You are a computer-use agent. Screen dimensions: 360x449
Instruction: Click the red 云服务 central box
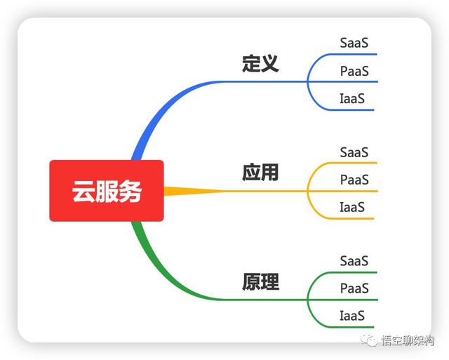pyautogui.click(x=106, y=191)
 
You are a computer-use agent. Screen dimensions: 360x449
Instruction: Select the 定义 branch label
pyautogui.click(x=260, y=63)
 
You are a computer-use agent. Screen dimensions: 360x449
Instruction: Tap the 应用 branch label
pyautogui.click(x=260, y=173)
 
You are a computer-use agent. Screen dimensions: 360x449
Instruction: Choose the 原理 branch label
pyautogui.click(x=260, y=282)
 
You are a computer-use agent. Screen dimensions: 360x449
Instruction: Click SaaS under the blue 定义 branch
pyautogui.click(x=354, y=43)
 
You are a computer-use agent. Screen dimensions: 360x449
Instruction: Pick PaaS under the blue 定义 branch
pyautogui.click(x=354, y=71)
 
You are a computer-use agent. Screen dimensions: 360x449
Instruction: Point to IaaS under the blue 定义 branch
pyautogui.click(x=352, y=99)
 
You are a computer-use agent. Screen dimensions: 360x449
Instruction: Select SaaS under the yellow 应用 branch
pyautogui.click(x=354, y=152)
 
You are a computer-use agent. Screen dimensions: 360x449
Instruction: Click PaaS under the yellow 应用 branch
pyautogui.click(x=354, y=180)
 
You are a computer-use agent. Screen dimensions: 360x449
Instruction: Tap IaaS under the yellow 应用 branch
pyautogui.click(x=352, y=208)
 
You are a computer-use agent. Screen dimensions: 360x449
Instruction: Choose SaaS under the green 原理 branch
pyautogui.click(x=354, y=261)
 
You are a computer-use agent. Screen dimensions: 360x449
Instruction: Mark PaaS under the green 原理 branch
pyautogui.click(x=354, y=288)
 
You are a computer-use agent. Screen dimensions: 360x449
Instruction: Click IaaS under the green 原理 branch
pyautogui.click(x=352, y=316)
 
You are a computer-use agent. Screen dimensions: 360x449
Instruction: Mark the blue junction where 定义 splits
pyautogui.click(x=308, y=81)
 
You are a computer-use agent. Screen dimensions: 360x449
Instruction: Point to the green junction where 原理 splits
pyautogui.click(x=308, y=300)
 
